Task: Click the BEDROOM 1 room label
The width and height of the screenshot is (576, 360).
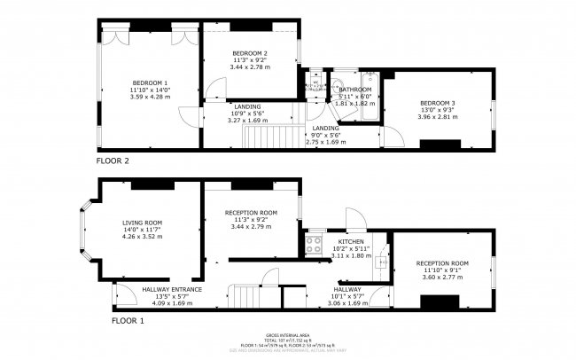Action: [150, 82]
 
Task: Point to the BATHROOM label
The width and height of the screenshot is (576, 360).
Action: [354, 90]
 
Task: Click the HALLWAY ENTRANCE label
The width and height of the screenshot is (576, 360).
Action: [172, 289]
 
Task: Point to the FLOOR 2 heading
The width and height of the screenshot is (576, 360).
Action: [113, 161]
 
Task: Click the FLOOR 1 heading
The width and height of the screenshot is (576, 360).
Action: [113, 319]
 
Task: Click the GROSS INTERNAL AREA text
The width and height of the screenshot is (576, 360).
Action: [287, 335]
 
